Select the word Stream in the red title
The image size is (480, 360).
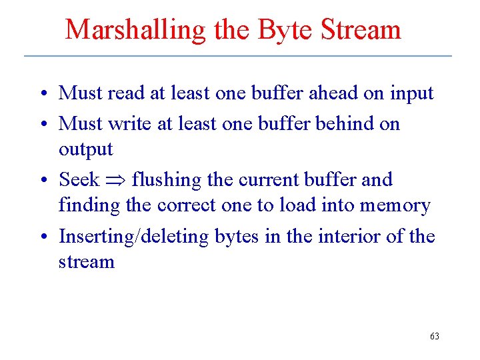pyautogui.click(x=361, y=30)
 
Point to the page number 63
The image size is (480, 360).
pyautogui.click(x=435, y=337)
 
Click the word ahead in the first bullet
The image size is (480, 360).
pyautogui.click(x=333, y=93)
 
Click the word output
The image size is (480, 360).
pyautogui.click(x=86, y=150)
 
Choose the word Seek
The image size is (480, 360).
pyautogui.click(x=79, y=180)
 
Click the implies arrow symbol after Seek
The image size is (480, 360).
pyautogui.click(x=115, y=181)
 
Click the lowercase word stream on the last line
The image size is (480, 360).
pyautogui.click(x=87, y=262)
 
